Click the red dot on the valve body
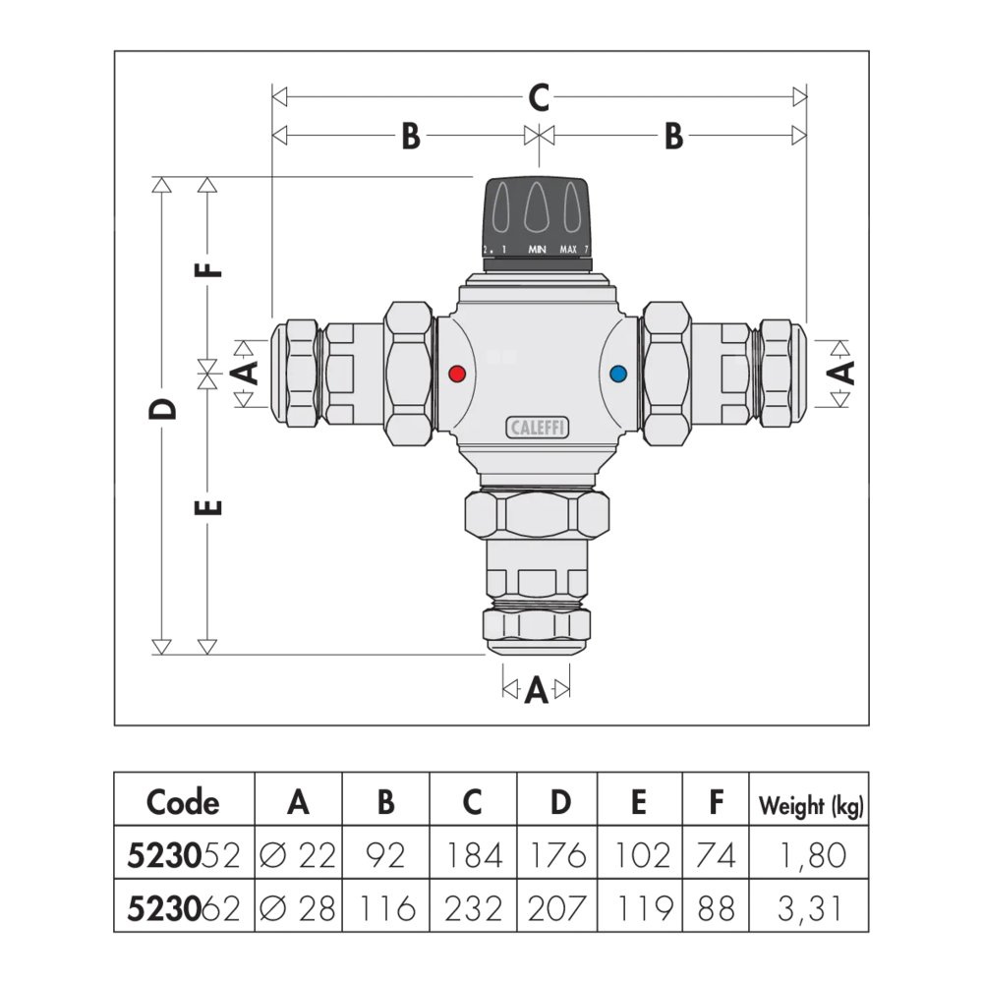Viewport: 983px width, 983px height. click(x=455, y=374)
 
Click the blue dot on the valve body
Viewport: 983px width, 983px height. click(x=617, y=374)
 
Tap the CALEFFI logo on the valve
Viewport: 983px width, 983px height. click(x=539, y=427)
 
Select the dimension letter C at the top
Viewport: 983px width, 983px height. click(x=539, y=97)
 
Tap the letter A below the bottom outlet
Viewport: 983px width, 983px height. click(x=536, y=692)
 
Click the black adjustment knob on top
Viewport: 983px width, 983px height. click(x=537, y=211)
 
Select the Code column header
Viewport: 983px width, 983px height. click(x=183, y=802)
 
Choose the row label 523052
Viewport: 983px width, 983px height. click(x=184, y=855)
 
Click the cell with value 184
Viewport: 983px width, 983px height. click(x=473, y=855)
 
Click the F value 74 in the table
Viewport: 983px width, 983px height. click(x=716, y=855)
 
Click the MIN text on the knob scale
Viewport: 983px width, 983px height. click(x=537, y=250)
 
